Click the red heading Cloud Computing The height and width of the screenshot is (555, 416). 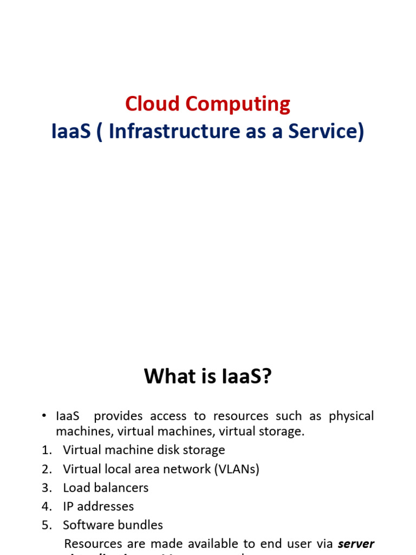click(207, 104)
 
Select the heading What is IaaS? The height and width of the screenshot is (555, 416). click(207, 376)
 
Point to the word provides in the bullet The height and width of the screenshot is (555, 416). click(118, 416)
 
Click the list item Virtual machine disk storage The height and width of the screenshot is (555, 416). click(144, 450)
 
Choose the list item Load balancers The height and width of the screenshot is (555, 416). click(106, 488)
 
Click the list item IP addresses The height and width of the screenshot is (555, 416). click(99, 506)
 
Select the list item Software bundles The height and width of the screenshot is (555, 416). click(113, 525)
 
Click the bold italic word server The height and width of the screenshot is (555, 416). click(356, 544)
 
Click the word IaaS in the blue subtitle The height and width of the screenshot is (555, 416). click(70, 132)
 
